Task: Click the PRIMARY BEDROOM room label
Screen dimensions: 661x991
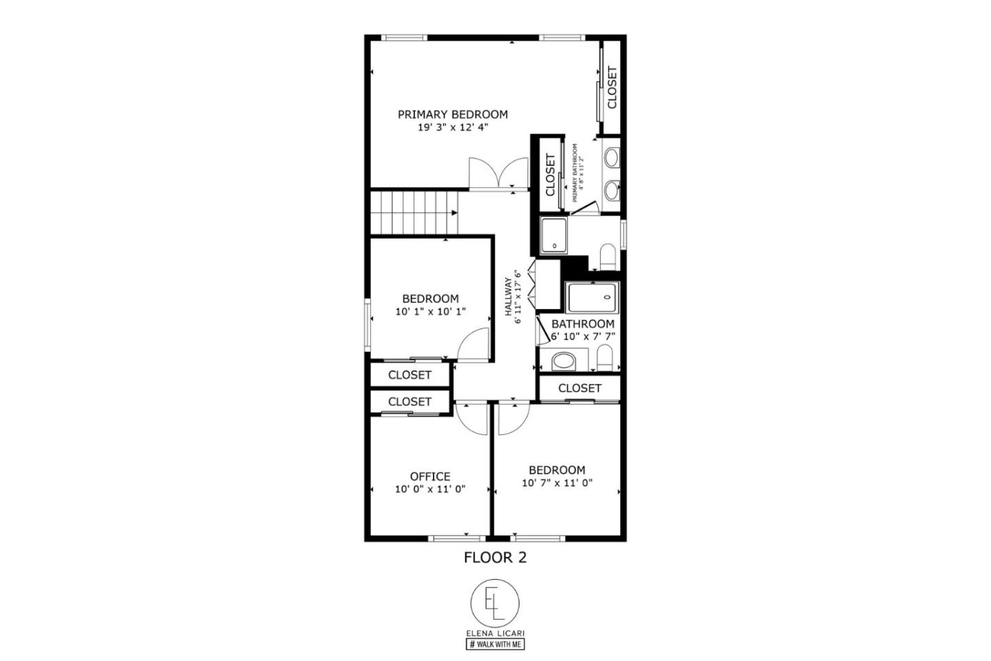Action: [452, 114]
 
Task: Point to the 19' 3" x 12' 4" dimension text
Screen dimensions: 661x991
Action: [452, 128]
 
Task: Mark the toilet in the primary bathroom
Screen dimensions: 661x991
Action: [608, 256]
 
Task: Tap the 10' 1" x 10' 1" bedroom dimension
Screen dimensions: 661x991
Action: [430, 311]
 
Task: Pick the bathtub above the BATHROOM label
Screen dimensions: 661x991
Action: [593, 297]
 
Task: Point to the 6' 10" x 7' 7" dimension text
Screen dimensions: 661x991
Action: [583, 337]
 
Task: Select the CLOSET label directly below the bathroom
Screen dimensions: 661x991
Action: [579, 388]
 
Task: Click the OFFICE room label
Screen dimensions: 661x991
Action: [430, 476]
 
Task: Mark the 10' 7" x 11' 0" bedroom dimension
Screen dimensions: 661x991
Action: [557, 483]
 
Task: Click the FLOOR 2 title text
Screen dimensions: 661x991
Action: [495, 558]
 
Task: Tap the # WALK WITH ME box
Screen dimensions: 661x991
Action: [495, 644]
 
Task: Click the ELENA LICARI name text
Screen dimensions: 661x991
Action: [495, 633]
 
